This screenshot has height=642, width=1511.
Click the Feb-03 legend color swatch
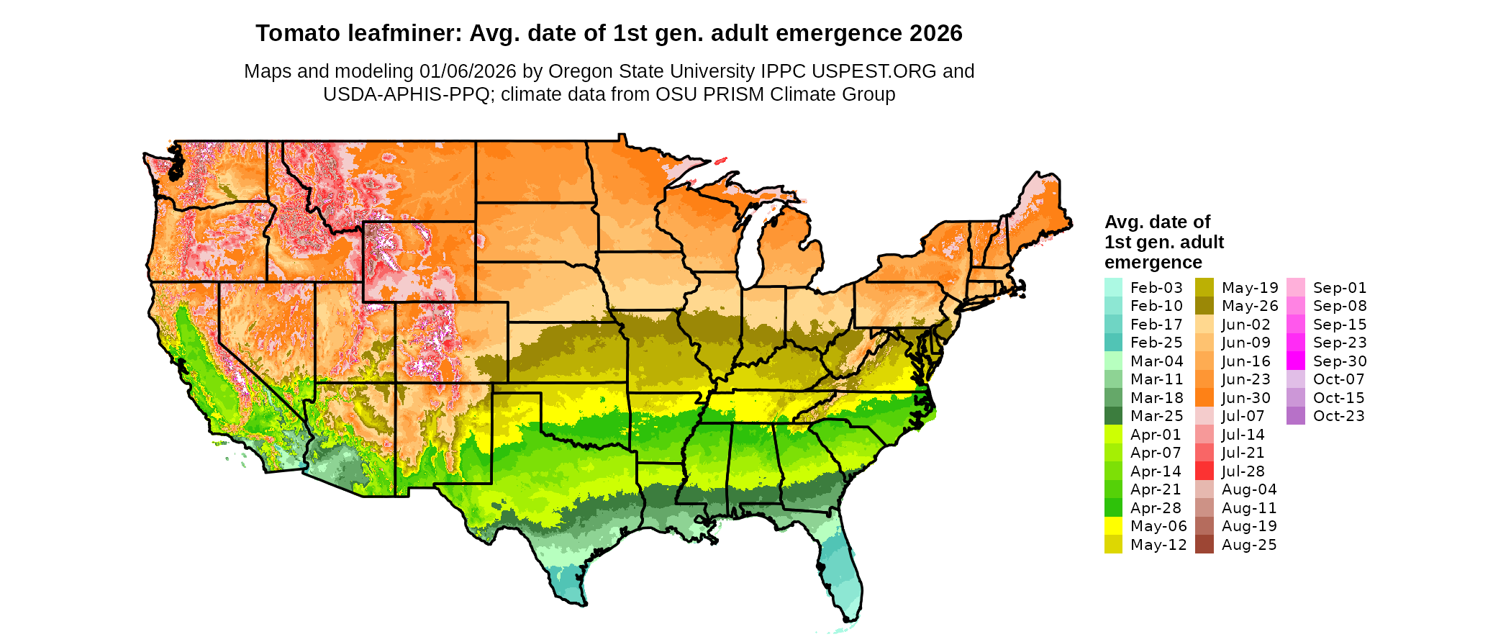(x=1113, y=287)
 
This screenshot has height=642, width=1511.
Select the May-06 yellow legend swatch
(x=1113, y=526)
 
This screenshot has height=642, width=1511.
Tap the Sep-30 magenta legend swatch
(x=1295, y=361)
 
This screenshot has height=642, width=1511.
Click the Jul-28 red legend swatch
(x=1204, y=471)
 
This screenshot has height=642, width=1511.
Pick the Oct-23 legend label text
(x=1338, y=416)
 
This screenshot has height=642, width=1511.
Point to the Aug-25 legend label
(x=1249, y=545)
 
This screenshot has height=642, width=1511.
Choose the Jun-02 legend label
(x=1246, y=325)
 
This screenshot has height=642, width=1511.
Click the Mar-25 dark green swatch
(x=1113, y=416)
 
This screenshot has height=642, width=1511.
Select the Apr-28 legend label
(x=1156, y=508)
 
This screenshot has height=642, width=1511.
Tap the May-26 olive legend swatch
(x=1204, y=306)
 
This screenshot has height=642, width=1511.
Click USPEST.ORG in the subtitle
(x=874, y=71)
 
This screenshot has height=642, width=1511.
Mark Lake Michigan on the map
(x=751, y=245)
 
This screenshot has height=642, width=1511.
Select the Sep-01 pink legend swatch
(x=1295, y=287)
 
